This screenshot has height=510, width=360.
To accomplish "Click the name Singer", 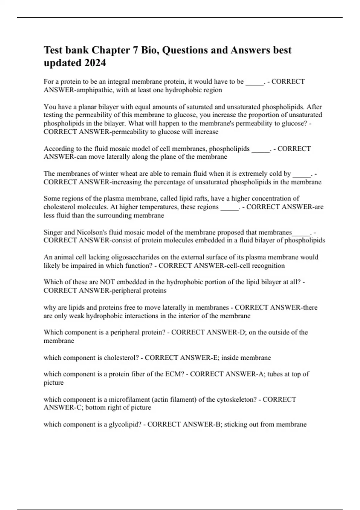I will (53, 232).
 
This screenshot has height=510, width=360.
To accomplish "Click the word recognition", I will (268, 265).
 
